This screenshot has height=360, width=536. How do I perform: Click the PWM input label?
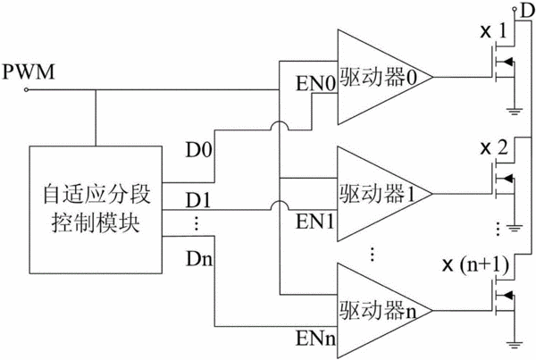pyautogui.click(x=29, y=71)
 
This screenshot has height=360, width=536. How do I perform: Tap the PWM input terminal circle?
pyautogui.click(x=26, y=90)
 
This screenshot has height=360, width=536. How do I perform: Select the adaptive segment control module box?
pyautogui.click(x=96, y=210)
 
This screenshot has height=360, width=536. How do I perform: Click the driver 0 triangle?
pyautogui.click(x=385, y=77)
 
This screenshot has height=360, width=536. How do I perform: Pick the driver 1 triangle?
pyautogui.click(x=385, y=194)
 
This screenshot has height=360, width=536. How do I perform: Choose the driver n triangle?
pyautogui.click(x=385, y=311)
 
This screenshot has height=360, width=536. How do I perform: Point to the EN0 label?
pyautogui.click(x=316, y=83)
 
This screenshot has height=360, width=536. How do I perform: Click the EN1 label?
pyautogui.click(x=315, y=222)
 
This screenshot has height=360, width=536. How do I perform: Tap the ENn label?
pyautogui.click(x=316, y=339)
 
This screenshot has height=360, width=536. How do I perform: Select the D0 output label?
pyautogui.click(x=199, y=150)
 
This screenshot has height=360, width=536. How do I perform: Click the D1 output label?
pyautogui.click(x=198, y=201)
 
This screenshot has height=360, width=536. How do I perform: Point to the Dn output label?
pyautogui.click(x=199, y=259)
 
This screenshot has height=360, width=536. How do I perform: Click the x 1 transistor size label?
pyautogui.click(x=493, y=31)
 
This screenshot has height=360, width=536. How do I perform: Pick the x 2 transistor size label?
pyautogui.click(x=494, y=148)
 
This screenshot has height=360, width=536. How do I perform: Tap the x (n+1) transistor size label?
pyautogui.click(x=476, y=265)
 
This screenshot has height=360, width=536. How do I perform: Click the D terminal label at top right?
pyautogui.click(x=528, y=11)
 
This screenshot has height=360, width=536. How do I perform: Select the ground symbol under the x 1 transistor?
pyautogui.click(x=515, y=111)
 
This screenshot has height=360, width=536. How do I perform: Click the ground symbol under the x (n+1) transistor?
pyautogui.click(x=515, y=345)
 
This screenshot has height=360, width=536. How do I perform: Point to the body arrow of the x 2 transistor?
pyautogui.click(x=508, y=178)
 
